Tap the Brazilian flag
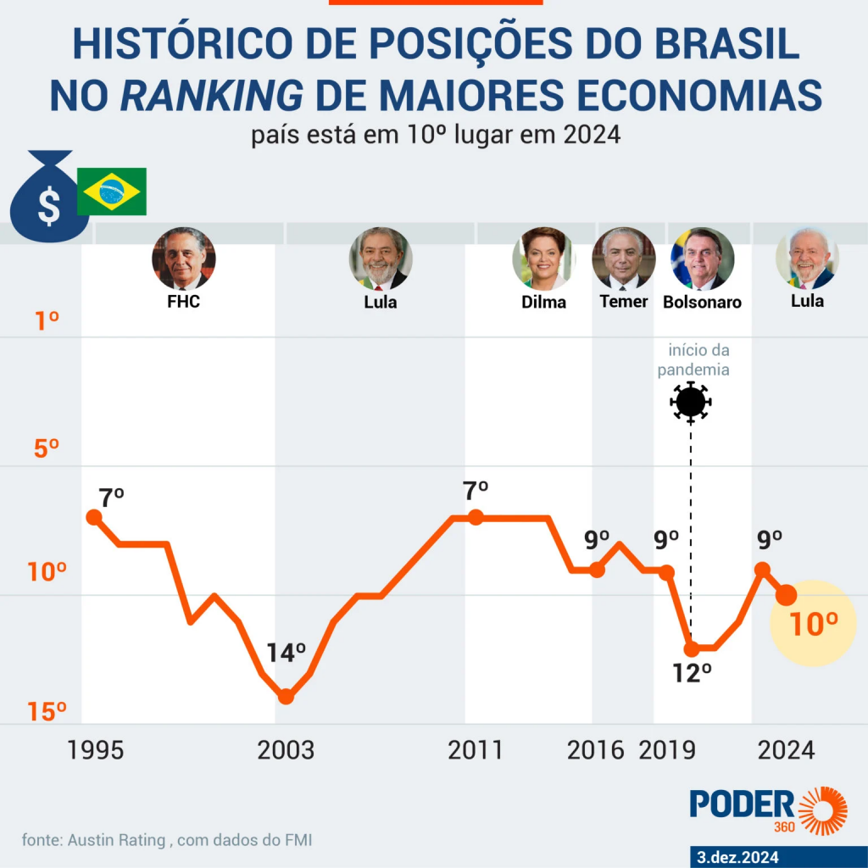(x=112, y=192)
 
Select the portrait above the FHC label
(x=183, y=259)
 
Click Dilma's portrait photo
(x=543, y=259)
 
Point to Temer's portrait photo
(x=624, y=259)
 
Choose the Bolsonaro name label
(x=702, y=302)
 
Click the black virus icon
(x=691, y=402)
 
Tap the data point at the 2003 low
(x=286, y=697)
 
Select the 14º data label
(x=286, y=654)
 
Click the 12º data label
(x=691, y=674)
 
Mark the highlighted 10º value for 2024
(x=814, y=625)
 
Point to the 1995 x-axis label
(x=96, y=750)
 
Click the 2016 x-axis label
(x=596, y=750)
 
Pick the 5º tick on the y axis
(x=47, y=447)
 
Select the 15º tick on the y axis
(x=47, y=712)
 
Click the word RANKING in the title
(x=211, y=96)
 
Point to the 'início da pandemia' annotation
(x=698, y=360)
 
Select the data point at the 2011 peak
(x=476, y=517)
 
